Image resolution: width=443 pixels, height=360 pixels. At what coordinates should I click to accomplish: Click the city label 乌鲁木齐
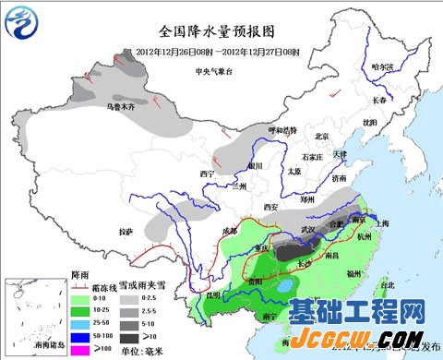pos(122,107)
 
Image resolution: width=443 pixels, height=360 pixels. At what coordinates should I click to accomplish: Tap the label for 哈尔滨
pos(383,67)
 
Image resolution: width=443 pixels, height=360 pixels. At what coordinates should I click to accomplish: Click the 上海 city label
pos(389,224)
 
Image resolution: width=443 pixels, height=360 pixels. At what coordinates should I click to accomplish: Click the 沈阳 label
pos(370,122)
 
